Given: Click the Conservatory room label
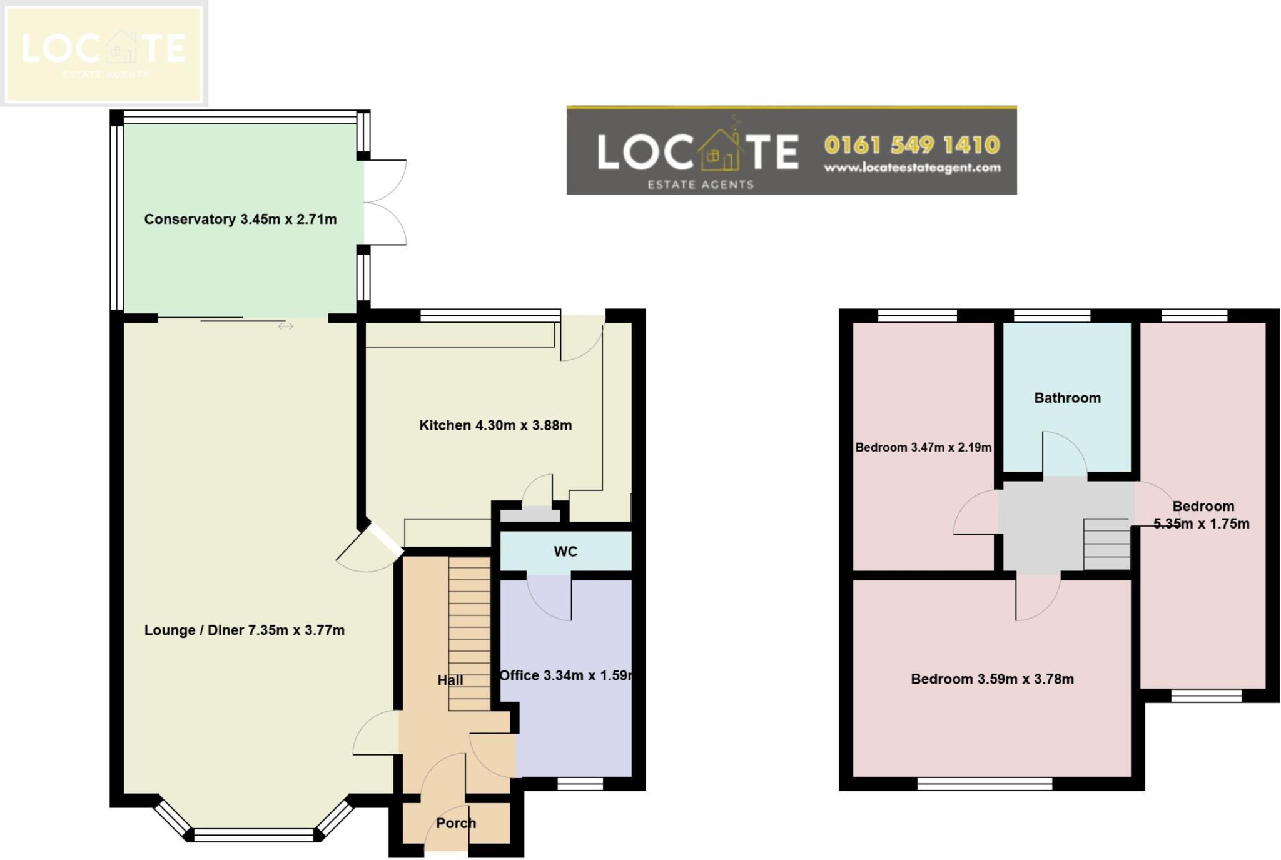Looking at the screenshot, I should pyautogui.click(x=240, y=220).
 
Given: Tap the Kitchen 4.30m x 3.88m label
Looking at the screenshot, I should pyautogui.click(x=495, y=425).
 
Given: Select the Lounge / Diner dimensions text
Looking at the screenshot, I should pyautogui.click(x=244, y=630).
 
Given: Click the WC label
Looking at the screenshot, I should pyautogui.click(x=565, y=552).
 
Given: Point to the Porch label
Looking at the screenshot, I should pyautogui.click(x=456, y=823).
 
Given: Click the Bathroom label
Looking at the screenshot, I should pyautogui.click(x=1067, y=398).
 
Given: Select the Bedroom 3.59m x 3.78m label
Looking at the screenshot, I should pyautogui.click(x=992, y=679).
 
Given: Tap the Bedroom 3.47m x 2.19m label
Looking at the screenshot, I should pyautogui.click(x=923, y=447).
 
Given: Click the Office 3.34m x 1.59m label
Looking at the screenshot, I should pyautogui.click(x=566, y=675).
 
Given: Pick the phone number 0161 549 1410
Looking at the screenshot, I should pyautogui.click(x=912, y=145).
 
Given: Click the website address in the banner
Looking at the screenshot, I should pyautogui.click(x=912, y=168).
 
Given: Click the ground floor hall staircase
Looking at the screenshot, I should pyautogui.click(x=469, y=632).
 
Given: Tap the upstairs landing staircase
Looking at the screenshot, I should pyautogui.click(x=1106, y=544).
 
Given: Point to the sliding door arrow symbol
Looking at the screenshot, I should pyautogui.click(x=286, y=326).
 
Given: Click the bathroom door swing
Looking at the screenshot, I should pyautogui.click(x=1064, y=454).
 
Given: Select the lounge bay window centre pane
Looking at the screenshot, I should pyautogui.click(x=253, y=835).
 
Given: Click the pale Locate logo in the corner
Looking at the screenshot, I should pyautogui.click(x=103, y=53).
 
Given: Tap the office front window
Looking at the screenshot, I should pyautogui.click(x=580, y=784).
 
